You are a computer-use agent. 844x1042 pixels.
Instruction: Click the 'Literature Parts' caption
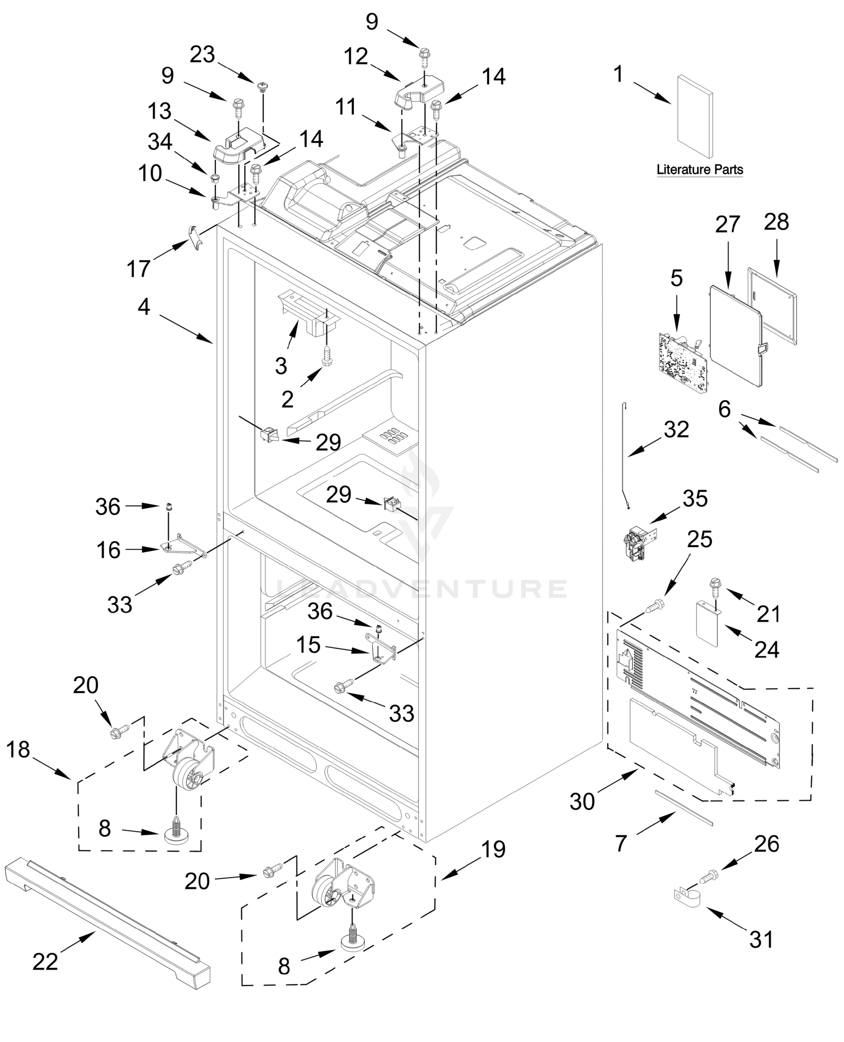pyautogui.click(x=699, y=170)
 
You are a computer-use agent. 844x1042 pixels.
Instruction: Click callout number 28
pyautogui.click(x=776, y=222)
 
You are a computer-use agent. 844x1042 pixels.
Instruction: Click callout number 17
pyautogui.click(x=138, y=268)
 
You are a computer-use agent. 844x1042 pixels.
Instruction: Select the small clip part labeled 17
pyautogui.click(x=195, y=238)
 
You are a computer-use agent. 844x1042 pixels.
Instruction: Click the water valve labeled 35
pyautogui.click(x=640, y=544)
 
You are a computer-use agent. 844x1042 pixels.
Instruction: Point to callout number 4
pyautogui.click(x=143, y=307)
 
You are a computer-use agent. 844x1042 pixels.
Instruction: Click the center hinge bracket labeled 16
pyautogui.click(x=182, y=544)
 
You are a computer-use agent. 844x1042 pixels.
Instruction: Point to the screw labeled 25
pyautogui.click(x=654, y=607)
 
